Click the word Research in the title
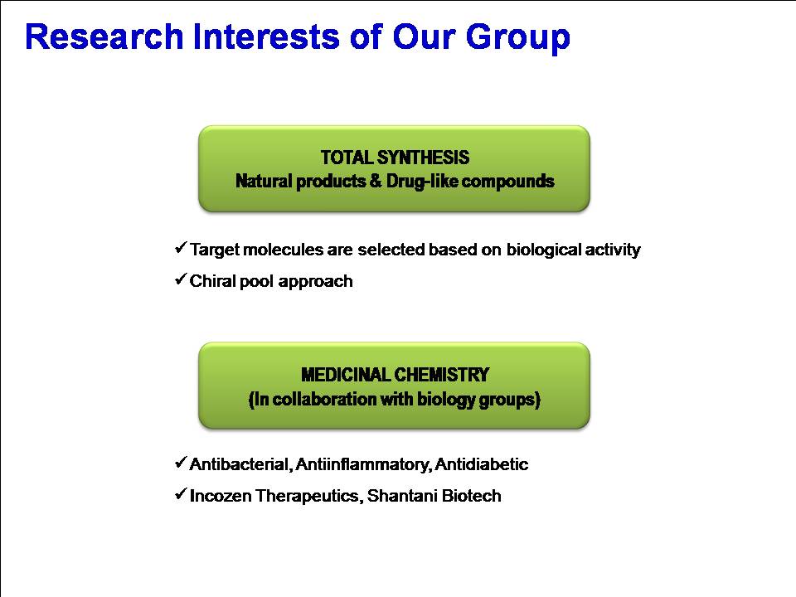104,36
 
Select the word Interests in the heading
266,36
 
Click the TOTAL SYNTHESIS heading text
395,158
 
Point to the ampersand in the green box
376,181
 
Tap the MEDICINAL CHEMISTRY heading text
395,375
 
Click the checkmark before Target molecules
181,248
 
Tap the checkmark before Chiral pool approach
181,279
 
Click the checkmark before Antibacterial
181,463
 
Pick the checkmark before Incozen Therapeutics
181,494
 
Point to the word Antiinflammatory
363,464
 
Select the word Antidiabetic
482,464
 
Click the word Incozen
221,496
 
